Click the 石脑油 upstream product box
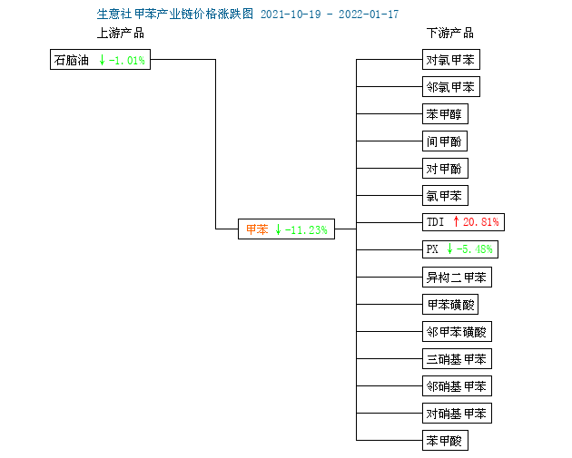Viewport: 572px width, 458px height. (100, 59)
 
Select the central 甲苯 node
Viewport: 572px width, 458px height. (286, 229)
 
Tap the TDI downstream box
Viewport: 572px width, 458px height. (463, 222)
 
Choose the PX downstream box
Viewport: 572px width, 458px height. (460, 249)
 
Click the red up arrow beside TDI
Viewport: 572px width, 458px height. (456, 221)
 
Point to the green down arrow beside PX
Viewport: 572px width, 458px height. (449, 248)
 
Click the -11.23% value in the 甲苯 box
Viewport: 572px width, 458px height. (306, 230)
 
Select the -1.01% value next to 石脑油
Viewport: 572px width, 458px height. (127, 60)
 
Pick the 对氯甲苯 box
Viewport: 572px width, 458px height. (451, 59)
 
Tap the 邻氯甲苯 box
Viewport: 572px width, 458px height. (451, 87)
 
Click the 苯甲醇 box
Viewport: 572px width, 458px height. (445, 114)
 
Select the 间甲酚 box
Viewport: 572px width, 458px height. (445, 141)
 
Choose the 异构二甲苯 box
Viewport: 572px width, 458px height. (457, 278)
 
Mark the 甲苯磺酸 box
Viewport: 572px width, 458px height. (450, 304)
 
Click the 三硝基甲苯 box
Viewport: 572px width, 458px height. (457, 359)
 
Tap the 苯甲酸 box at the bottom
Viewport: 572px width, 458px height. (445, 441)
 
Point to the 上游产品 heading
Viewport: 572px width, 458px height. (121, 34)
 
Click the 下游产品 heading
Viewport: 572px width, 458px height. (450, 34)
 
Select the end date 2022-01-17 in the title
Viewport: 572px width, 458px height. (369, 15)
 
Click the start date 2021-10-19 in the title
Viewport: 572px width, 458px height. (291, 15)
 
